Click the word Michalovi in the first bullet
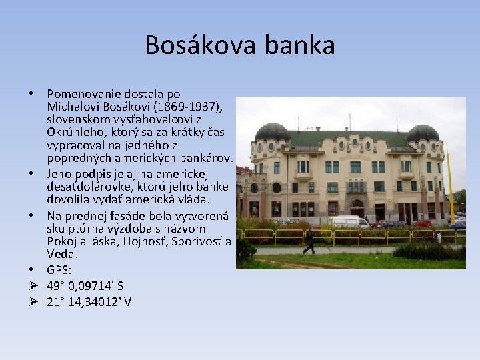click(75, 107)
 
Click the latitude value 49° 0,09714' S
click(85, 286)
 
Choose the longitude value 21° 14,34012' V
click(89, 302)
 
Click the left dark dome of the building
click(272, 132)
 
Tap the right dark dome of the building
click(423, 133)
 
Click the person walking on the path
click(309, 241)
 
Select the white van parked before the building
click(349, 221)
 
